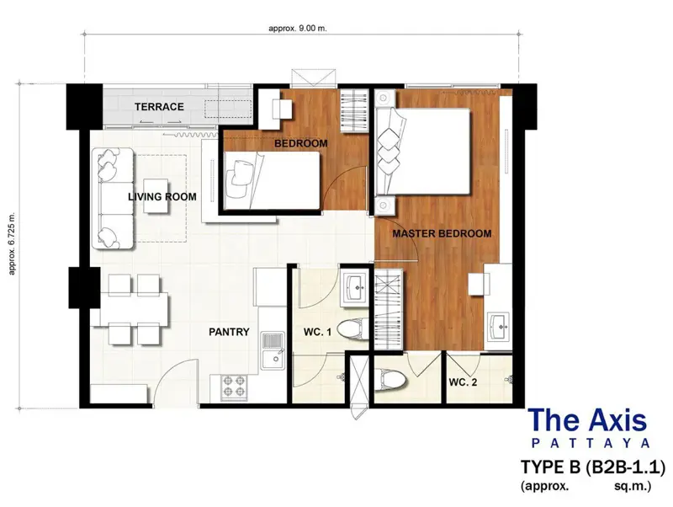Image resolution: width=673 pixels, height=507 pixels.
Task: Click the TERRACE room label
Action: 159,107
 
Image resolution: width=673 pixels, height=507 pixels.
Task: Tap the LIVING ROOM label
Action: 162,197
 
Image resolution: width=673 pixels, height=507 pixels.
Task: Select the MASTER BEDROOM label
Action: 442,234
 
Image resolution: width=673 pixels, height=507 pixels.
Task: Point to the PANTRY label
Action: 229,332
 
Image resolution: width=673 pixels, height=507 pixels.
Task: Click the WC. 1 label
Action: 317,333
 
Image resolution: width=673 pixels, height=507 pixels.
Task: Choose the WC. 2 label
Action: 464,382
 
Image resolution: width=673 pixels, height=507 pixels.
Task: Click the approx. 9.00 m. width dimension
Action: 297,28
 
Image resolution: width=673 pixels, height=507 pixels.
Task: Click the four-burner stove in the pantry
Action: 233,387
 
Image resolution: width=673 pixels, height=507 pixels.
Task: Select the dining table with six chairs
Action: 132,308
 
